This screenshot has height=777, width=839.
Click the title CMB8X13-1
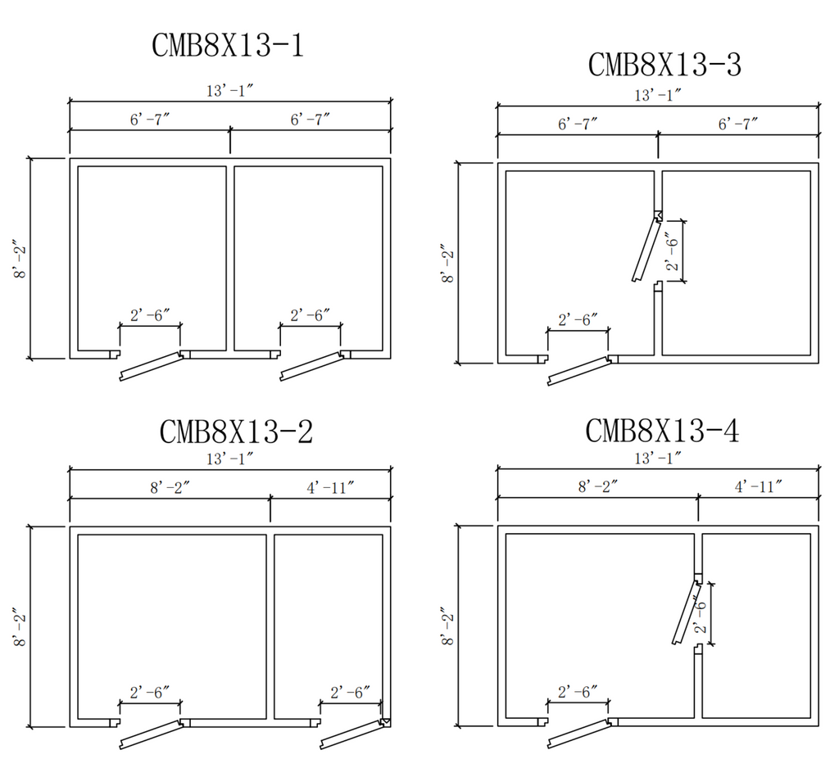click(228, 45)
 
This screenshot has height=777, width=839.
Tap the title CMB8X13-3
click(664, 64)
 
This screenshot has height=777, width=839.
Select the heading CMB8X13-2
click(236, 431)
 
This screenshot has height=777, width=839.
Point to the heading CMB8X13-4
click(662, 431)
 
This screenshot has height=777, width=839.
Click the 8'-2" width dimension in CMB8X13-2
click(170, 489)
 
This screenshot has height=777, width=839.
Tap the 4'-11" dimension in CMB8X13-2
click(330, 489)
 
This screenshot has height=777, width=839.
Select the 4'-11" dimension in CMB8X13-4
click(758, 487)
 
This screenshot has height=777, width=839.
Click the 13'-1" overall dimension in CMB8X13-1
click(229, 92)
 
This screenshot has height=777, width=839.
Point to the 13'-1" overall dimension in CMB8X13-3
click(658, 95)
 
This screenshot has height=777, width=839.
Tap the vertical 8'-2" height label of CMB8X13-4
click(448, 626)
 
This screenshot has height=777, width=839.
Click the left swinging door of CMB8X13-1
click(150, 365)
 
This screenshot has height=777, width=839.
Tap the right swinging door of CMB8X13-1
click(310, 365)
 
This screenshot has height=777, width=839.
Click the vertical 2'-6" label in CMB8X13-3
click(673, 251)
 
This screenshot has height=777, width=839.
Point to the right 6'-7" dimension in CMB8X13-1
click(310, 120)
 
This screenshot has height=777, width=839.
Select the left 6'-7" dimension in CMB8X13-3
click(578, 124)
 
